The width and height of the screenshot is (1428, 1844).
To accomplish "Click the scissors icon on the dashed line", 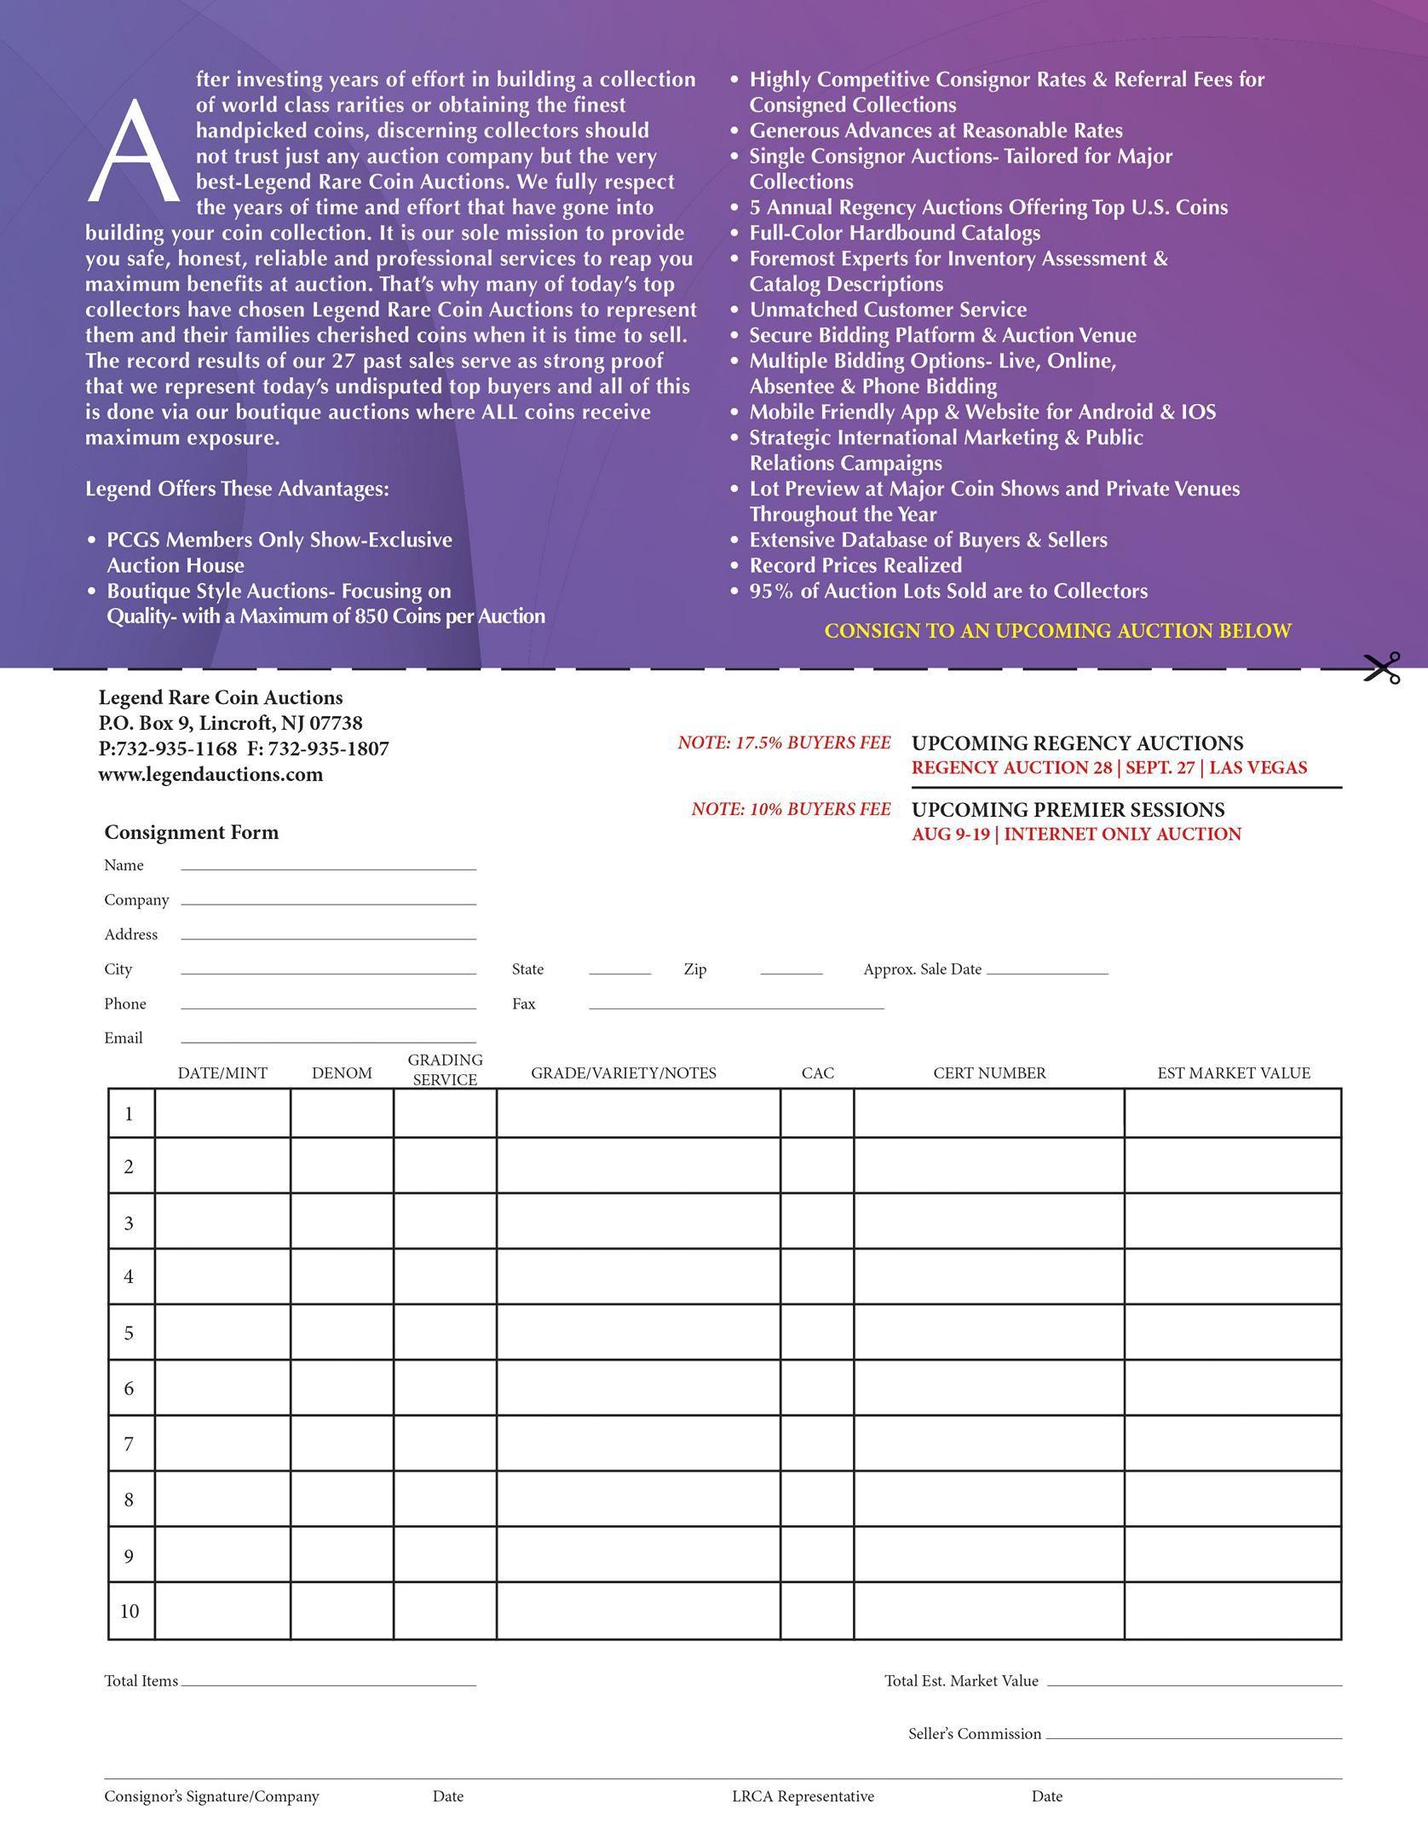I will (1381, 668).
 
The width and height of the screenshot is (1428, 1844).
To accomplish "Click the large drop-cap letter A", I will (133, 153).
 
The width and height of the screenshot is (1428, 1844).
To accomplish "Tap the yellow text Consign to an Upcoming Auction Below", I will (1057, 631).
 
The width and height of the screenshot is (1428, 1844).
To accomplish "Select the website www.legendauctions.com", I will (210, 774).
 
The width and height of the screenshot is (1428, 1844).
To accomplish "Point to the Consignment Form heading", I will (191, 832).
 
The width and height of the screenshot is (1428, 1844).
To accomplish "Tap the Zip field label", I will (694, 969).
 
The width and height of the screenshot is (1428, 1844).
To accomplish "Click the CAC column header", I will (817, 1072).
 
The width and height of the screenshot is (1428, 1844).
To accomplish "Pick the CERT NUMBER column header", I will (989, 1072).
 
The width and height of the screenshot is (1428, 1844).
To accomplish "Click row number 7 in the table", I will (130, 1443).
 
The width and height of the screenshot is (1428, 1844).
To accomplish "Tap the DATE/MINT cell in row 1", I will (222, 1113).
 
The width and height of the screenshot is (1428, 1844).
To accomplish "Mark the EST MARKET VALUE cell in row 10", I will (1232, 1610).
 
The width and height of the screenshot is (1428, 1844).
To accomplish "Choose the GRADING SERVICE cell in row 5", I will (445, 1332).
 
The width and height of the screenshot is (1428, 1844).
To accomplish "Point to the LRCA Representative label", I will (803, 1796).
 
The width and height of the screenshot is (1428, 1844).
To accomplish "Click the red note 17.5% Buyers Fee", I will (784, 743).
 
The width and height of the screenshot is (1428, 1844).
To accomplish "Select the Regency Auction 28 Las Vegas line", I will (1108, 767).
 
